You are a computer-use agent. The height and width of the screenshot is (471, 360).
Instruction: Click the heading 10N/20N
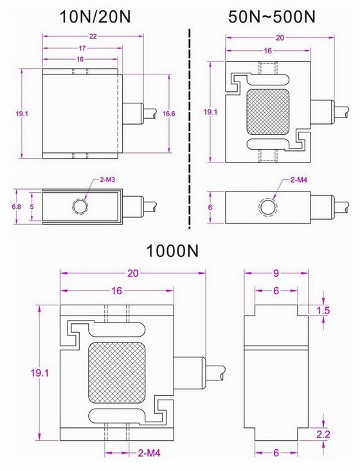[96, 17]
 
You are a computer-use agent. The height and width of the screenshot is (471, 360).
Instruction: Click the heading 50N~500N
[272, 17]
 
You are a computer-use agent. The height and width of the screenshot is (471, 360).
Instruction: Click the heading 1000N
[172, 251]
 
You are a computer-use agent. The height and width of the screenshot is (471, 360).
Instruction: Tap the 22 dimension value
[93, 37]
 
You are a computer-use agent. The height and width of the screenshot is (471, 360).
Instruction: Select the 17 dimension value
[82, 48]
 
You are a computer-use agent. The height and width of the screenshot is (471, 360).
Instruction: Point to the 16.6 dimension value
[168, 114]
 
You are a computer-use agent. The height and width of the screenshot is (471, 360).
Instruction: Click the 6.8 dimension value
[17, 207]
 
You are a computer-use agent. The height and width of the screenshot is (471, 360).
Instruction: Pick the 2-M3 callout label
[107, 180]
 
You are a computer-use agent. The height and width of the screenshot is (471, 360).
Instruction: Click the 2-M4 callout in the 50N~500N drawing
[299, 180]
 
